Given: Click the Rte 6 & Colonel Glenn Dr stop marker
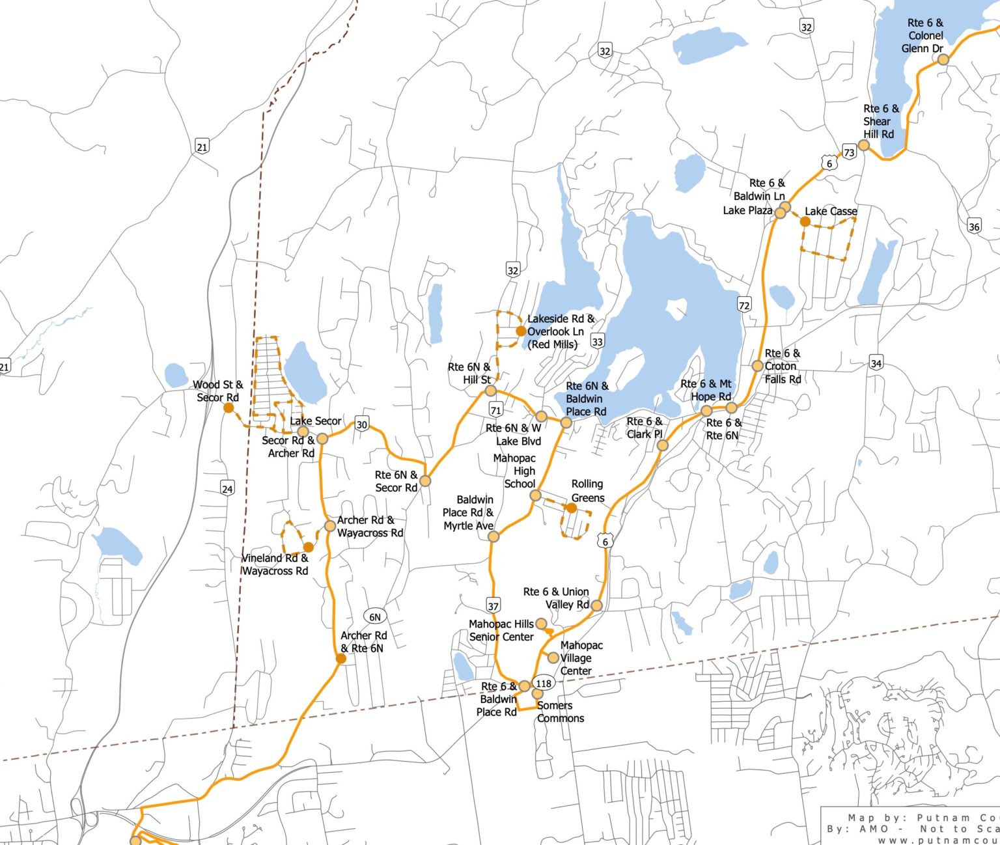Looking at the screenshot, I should click(943, 60).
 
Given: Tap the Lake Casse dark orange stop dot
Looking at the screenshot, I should click(805, 221).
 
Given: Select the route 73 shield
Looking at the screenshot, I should click(849, 152).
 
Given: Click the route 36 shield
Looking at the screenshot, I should click(974, 227).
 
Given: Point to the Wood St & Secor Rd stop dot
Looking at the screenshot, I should click(229, 408).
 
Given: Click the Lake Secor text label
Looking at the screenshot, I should click(316, 421).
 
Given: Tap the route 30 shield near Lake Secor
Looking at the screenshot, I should click(362, 424).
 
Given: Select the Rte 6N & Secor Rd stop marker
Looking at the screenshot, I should click(425, 481).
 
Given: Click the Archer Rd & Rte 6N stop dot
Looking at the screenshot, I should click(340, 659).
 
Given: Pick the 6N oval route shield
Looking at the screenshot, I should click(374, 617).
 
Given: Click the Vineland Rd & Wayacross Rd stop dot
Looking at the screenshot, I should click(309, 547).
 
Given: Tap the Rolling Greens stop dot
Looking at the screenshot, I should click(571, 508).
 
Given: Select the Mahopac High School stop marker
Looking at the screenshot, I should click(535, 495).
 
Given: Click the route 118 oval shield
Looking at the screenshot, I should click(544, 683).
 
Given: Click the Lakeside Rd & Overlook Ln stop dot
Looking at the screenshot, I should click(521, 331).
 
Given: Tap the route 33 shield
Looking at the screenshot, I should click(598, 341).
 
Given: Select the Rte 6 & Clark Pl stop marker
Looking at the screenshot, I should click(662, 445).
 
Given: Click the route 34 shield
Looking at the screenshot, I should click(876, 363).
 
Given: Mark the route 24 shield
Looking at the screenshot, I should click(227, 489).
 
